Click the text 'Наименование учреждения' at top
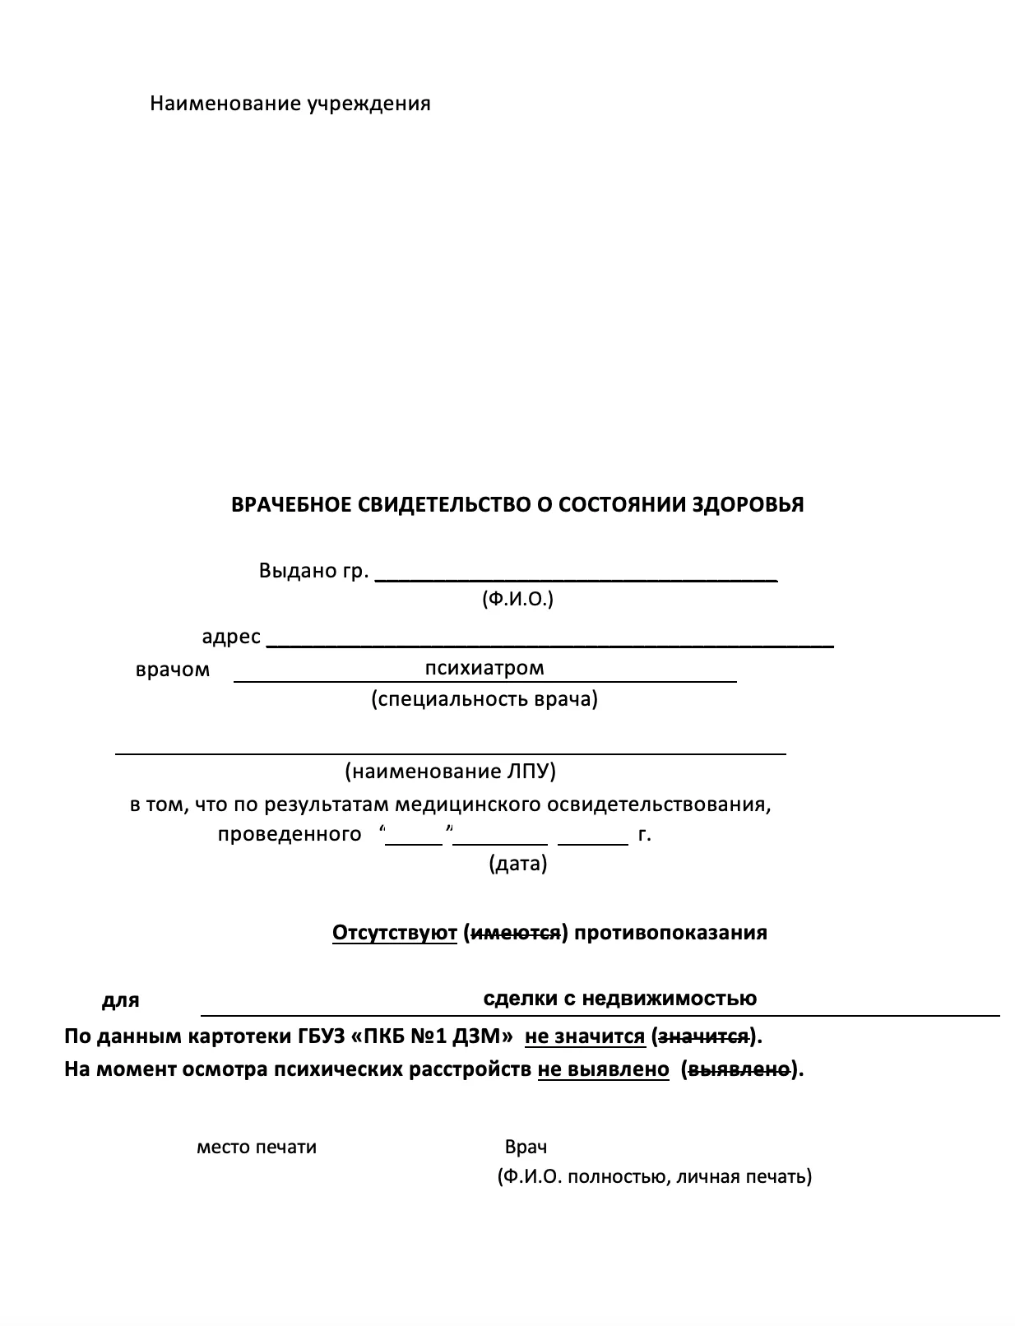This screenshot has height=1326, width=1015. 290,104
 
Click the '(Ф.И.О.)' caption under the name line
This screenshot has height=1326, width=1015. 517,599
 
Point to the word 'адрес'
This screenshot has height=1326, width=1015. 231,637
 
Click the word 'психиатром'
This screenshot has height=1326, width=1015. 484,667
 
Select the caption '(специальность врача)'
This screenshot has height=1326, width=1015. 484,699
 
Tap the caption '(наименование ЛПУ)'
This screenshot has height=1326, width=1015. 451,772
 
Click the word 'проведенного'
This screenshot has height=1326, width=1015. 290,834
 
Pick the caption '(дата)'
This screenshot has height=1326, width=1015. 517,864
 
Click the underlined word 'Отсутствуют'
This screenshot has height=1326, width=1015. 394,933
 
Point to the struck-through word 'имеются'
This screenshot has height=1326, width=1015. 514,933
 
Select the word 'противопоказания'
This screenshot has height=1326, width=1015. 670,933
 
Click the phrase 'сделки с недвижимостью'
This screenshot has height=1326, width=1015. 619,999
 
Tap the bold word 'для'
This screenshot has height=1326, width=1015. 120,1000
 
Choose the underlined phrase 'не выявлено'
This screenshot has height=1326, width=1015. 603,1069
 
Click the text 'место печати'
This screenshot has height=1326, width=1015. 257,1147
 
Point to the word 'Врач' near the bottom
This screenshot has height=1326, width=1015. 526,1147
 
